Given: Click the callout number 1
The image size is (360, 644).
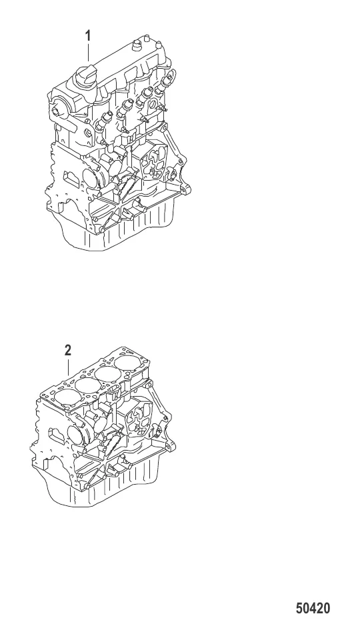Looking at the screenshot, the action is click(87, 36).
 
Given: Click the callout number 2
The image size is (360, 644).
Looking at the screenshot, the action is click(68, 351).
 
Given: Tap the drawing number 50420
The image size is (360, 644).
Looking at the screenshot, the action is click(313, 608).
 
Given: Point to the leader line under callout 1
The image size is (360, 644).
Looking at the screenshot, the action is click(88, 53).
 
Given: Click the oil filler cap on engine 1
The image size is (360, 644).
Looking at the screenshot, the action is click(85, 75).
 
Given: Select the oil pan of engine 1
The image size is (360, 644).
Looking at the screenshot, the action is click(119, 228).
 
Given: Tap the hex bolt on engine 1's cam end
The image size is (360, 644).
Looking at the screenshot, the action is click(57, 112).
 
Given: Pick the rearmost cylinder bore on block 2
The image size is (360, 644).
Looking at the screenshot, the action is click(128, 363).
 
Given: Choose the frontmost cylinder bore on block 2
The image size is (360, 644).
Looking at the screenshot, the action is click(67, 397).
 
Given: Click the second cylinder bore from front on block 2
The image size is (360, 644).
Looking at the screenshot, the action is click(87, 385).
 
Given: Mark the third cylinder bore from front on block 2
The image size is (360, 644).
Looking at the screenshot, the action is click(108, 374).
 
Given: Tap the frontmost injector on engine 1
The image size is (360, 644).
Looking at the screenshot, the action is click(104, 121).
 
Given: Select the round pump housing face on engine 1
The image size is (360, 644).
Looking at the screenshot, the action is click(91, 177).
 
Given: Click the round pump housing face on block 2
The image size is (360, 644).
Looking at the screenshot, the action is click(75, 435).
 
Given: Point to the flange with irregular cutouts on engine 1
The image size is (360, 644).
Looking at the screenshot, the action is click(154, 160).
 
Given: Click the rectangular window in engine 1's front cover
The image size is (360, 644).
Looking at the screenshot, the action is click(70, 179).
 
